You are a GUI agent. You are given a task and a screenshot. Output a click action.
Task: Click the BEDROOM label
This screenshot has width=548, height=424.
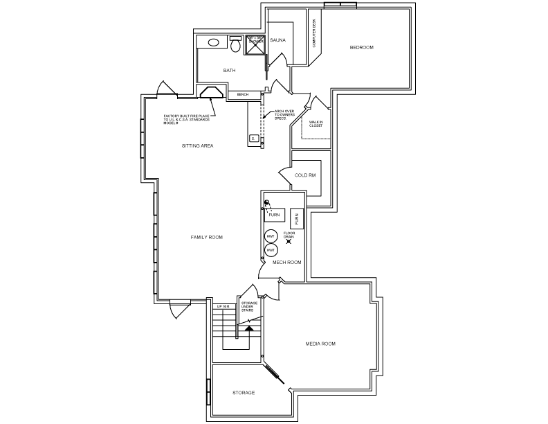361,47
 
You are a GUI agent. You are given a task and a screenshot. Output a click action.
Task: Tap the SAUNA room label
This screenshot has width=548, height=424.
277,40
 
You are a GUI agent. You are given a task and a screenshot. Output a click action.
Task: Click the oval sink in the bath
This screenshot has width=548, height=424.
214,42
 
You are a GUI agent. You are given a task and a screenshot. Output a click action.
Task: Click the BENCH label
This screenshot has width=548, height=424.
243,94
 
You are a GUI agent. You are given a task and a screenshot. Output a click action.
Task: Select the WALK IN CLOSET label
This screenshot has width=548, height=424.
316,124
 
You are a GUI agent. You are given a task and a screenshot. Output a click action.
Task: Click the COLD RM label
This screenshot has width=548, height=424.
305,175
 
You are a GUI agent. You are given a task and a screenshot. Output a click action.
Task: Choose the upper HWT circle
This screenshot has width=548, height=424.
271,236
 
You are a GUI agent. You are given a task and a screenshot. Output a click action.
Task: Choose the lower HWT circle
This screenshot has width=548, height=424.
271,249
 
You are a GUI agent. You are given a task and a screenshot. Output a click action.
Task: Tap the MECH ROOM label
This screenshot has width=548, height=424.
286,263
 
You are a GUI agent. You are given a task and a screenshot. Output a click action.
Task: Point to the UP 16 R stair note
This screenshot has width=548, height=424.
223,306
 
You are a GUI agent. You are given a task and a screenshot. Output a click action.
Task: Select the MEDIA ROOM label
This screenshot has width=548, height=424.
320,344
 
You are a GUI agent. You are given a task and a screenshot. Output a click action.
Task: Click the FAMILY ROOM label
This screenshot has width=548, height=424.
206,237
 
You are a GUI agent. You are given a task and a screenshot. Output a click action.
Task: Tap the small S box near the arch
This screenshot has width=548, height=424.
253,139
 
